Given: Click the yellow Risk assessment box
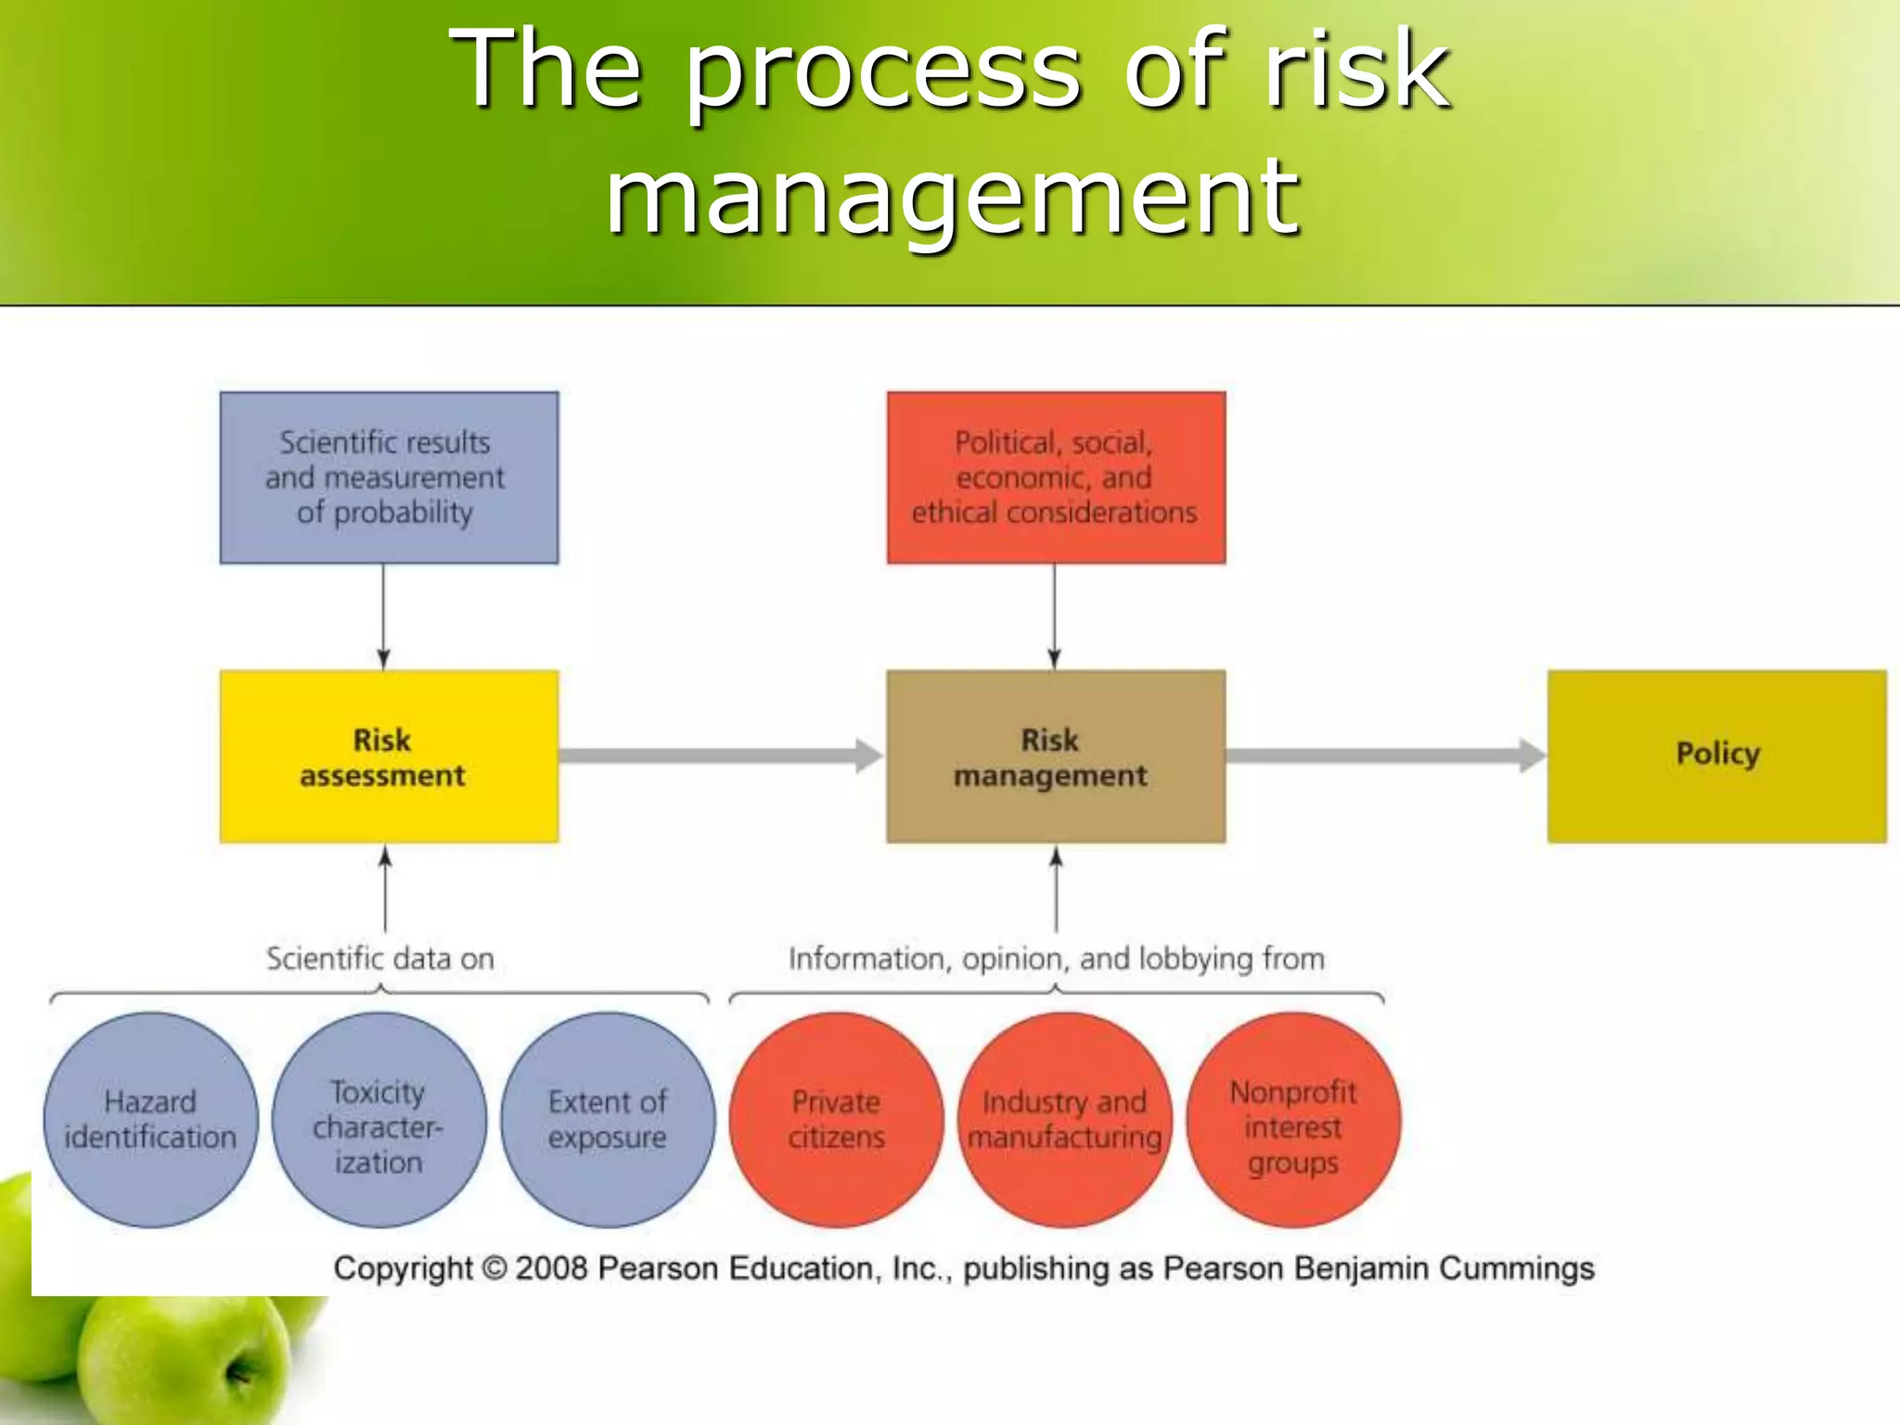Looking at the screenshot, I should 389,756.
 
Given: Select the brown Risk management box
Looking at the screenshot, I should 1056,756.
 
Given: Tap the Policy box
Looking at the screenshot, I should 1716,756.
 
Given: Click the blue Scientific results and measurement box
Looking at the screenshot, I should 389,477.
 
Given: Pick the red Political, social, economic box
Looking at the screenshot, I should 1056,477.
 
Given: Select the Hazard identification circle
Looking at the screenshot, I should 150,1120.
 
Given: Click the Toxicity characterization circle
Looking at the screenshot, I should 379,1120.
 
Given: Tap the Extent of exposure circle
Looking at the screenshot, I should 608,1120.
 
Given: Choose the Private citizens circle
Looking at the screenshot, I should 836,1120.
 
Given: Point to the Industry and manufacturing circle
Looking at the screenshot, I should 1064,1120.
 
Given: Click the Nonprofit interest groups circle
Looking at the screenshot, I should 1293,1120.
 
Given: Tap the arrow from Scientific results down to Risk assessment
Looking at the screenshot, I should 383,616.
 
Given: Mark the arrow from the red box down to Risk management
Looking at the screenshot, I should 1054,616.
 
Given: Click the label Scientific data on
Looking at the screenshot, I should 379,958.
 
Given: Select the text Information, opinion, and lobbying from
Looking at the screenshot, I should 1056,958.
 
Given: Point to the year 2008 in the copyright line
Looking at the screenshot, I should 551,1268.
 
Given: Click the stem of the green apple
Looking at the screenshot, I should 240,1371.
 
